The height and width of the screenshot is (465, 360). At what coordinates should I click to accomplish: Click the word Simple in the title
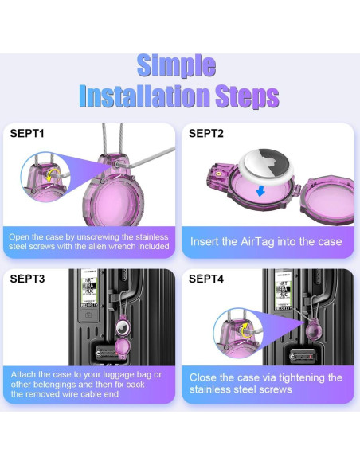click(x=176, y=66)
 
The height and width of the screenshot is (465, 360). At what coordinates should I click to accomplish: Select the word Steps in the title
click(x=248, y=97)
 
